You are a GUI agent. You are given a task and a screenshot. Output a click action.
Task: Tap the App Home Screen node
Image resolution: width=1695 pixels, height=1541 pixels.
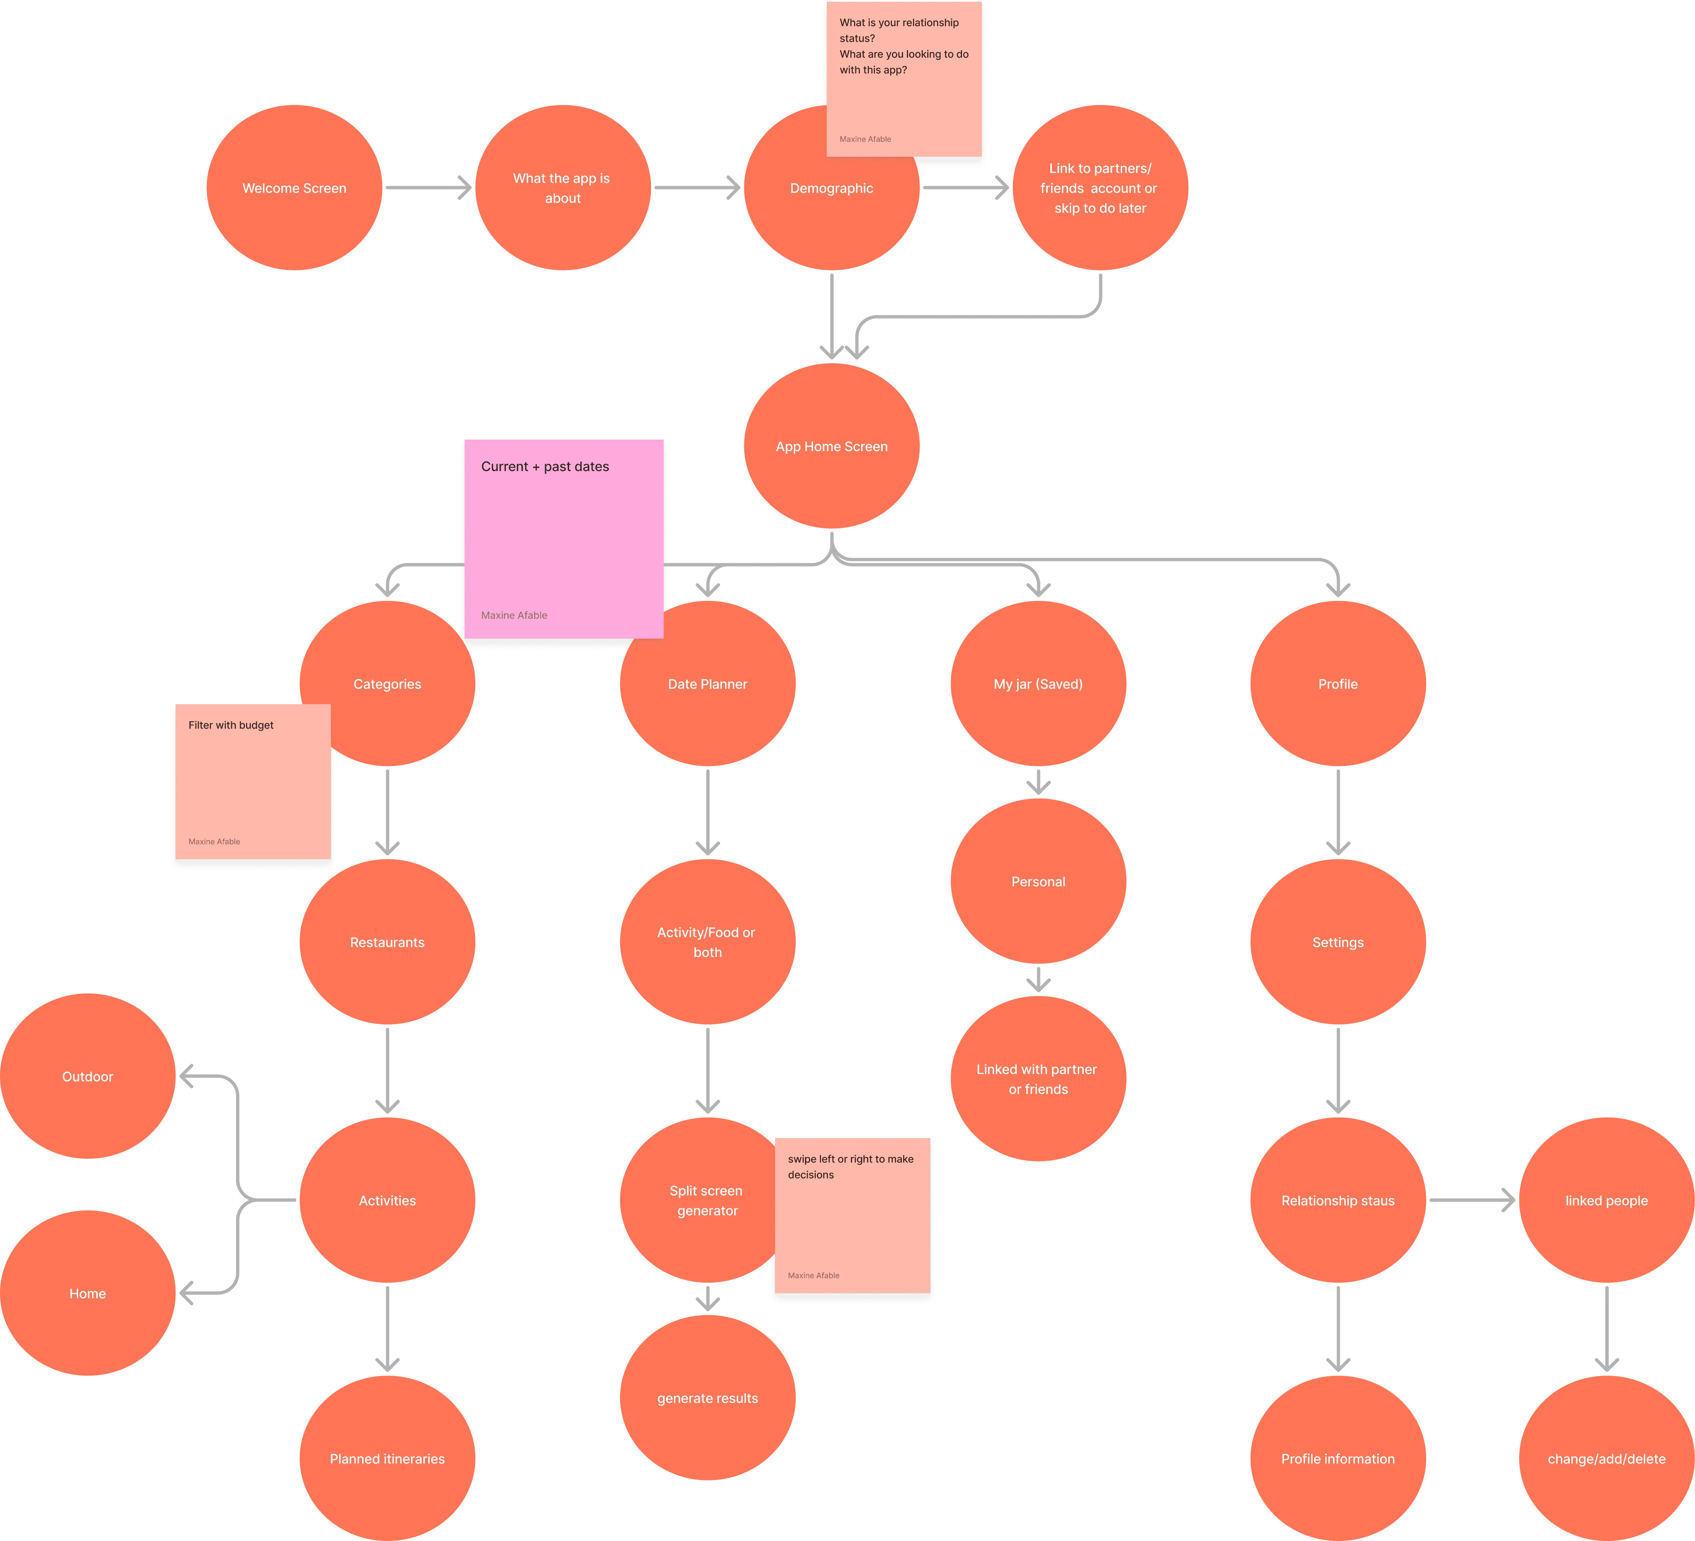[831, 446]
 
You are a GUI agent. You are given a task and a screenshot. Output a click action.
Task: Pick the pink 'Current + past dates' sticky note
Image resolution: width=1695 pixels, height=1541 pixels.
[563, 538]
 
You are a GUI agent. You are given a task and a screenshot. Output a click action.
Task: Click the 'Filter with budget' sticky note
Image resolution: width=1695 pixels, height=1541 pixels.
[252, 782]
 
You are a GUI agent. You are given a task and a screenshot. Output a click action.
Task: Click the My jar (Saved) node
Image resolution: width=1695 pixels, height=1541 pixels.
[1038, 683]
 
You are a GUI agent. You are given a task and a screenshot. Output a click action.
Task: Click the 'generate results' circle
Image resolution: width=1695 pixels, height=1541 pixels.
[707, 1398]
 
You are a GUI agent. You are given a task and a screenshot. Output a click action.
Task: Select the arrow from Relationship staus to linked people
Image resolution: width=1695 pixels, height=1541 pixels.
[1471, 1201]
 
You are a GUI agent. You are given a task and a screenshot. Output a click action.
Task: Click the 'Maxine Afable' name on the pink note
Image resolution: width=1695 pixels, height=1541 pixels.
[514, 615]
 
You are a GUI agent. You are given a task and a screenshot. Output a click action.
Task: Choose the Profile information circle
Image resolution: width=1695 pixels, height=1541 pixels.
[1338, 1458]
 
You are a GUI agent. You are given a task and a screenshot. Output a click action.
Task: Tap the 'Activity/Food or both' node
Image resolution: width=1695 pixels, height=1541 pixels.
[707, 943]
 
